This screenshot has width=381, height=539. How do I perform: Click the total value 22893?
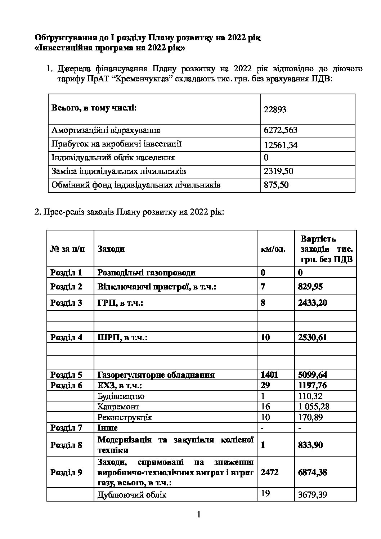pos(275,109)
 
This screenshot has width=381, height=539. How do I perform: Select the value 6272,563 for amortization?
pos(281,130)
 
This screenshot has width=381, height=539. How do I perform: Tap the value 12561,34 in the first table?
pos(281,145)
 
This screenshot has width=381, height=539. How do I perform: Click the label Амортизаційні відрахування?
pos(106,130)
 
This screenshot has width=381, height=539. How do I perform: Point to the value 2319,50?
pos(278,171)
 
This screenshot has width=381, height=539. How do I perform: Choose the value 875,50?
pos(276,185)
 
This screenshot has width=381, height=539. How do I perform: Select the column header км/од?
pos(273,249)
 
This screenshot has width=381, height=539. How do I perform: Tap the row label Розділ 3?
pos(66,303)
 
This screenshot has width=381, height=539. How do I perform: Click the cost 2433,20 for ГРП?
pos(312,303)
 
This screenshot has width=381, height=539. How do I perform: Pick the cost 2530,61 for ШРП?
pos(312,337)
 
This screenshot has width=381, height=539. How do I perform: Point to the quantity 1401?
pos(269,375)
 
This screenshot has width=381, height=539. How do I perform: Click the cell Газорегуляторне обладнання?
pos(156,375)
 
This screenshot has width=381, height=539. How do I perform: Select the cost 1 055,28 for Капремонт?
pos(314,407)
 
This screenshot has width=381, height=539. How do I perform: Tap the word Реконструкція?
pos(125,417)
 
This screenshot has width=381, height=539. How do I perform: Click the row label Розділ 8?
pos(66,445)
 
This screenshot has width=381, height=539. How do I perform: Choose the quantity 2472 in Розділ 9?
pos(269,472)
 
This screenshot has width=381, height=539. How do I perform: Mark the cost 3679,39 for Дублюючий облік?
pos(313,495)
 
